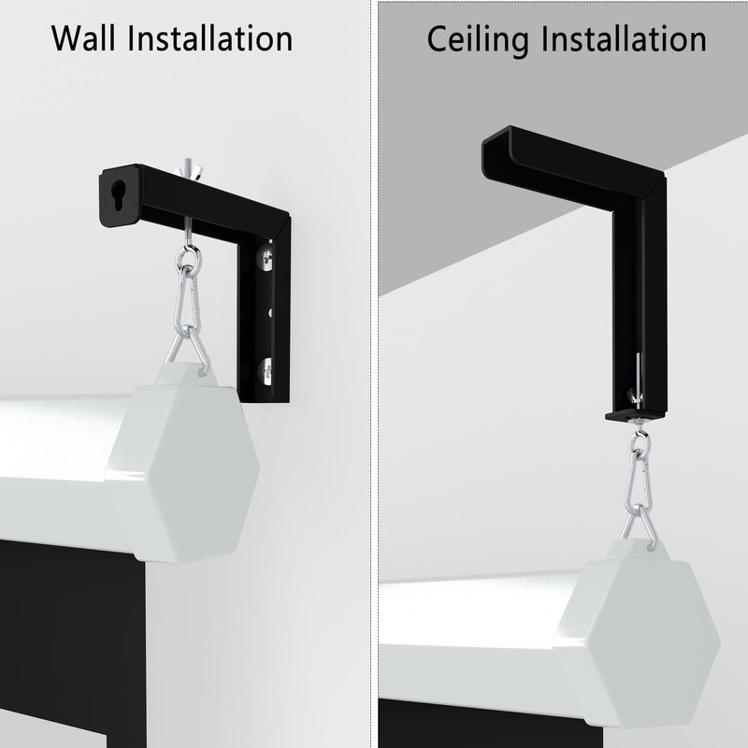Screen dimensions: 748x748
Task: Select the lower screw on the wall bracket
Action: (x=267, y=370)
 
